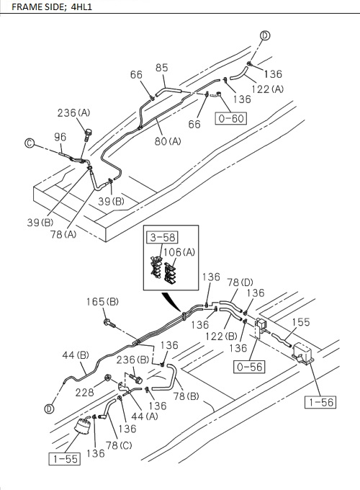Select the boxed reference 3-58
(x=162, y=236)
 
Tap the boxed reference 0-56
(x=250, y=366)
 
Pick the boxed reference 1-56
(x=318, y=401)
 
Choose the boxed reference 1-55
(x=65, y=458)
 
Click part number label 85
(x=161, y=68)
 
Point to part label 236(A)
(x=73, y=112)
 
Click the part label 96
(x=60, y=136)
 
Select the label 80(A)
(x=167, y=141)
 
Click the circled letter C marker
(x=30, y=143)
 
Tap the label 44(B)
(x=74, y=355)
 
